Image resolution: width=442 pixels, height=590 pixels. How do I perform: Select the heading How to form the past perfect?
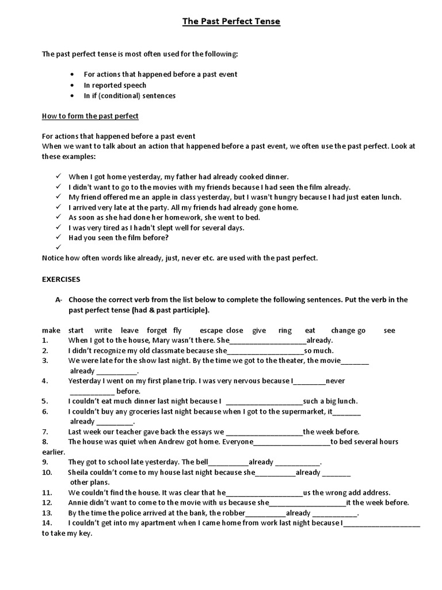[90, 116]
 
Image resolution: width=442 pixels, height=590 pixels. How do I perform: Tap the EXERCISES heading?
[61, 279]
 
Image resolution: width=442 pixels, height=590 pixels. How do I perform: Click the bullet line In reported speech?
[115, 85]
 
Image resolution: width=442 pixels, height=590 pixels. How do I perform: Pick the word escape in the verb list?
[211, 330]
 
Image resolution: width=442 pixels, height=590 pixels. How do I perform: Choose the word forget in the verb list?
[156, 330]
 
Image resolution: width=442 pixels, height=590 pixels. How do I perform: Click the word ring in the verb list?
[285, 330]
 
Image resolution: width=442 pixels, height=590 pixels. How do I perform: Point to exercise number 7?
[45, 432]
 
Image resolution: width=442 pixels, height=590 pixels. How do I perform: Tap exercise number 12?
[47, 502]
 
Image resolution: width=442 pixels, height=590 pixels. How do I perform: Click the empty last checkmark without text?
[59, 248]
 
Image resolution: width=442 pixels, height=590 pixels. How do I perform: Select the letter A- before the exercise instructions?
[59, 300]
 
